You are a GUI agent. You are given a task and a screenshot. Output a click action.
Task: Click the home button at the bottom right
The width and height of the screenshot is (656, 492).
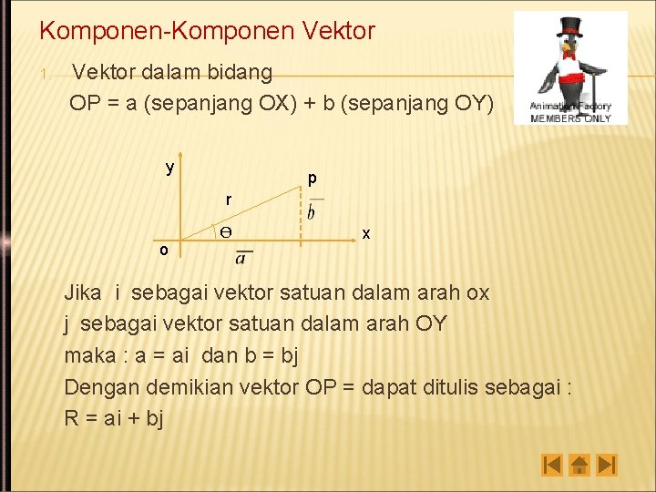(579, 466)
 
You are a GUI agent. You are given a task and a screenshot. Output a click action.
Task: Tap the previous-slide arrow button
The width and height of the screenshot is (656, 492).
(552, 466)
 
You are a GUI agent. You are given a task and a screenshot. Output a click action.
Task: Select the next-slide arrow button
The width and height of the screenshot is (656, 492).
(608, 466)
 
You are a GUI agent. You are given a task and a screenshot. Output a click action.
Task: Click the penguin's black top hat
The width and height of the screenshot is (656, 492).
(570, 25)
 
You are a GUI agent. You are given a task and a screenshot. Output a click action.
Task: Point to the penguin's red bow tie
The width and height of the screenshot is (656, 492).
(571, 55)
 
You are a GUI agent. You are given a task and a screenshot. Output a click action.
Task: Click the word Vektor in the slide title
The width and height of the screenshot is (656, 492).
(333, 31)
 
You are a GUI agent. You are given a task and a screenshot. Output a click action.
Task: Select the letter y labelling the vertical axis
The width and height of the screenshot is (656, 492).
(169, 168)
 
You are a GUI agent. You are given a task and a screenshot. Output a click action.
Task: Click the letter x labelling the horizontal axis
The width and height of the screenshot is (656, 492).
(366, 234)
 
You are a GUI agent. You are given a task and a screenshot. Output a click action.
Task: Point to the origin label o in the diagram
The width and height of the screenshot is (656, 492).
(163, 250)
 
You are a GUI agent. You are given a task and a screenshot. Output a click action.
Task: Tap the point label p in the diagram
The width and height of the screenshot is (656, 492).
(312, 178)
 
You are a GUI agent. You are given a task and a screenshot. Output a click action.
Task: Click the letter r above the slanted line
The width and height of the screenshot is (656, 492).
(229, 199)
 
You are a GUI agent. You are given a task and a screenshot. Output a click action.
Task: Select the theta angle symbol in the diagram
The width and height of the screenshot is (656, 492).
(225, 232)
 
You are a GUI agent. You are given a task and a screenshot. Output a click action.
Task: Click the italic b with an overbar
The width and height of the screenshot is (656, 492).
(312, 211)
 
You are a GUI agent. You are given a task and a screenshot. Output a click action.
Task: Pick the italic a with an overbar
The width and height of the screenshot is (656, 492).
(241, 258)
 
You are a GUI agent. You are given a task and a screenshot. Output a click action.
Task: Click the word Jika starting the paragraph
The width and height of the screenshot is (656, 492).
(83, 293)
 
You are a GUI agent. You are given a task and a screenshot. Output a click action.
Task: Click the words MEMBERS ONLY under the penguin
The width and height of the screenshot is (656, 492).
(570, 118)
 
